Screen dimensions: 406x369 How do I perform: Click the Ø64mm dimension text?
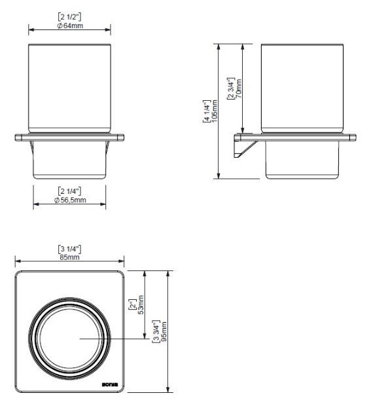[69, 27]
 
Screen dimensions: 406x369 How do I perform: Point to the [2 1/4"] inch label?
[69, 191]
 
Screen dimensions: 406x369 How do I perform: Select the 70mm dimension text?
[239, 88]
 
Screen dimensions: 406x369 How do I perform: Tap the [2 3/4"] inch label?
[230, 88]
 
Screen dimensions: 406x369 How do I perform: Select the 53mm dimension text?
[141, 304]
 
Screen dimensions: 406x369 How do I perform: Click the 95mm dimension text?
[164, 330]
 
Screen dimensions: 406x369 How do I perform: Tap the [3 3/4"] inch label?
[155, 330]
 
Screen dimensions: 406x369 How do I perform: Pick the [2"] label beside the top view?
[133, 304]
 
